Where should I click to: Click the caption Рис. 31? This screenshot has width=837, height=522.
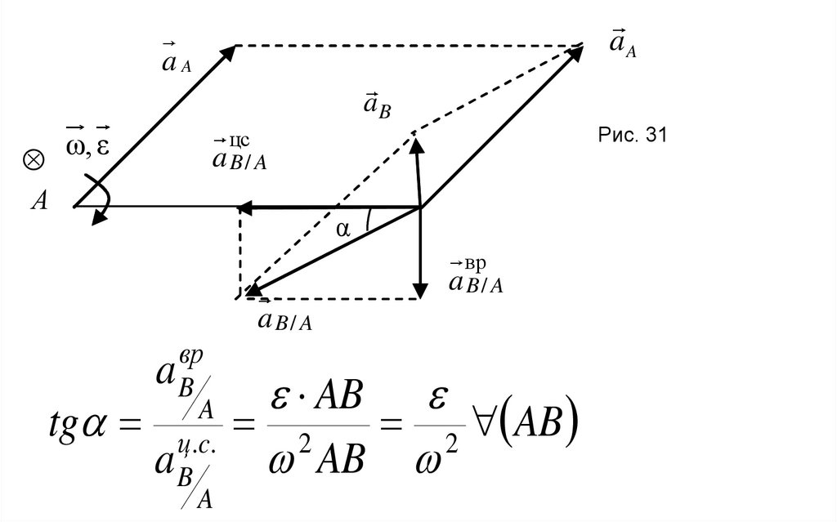click(633, 136)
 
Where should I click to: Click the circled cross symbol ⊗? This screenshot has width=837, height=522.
click(34, 160)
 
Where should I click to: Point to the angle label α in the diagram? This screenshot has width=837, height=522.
click(342, 231)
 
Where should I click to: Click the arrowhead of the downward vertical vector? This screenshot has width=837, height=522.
click(420, 290)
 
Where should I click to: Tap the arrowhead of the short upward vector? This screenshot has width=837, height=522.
click(416, 145)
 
